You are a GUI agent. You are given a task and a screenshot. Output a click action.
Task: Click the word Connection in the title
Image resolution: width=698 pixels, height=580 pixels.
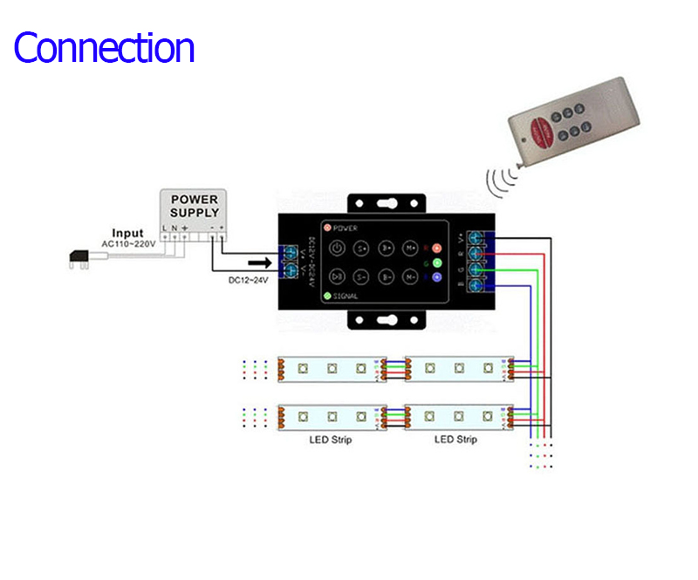click(x=104, y=47)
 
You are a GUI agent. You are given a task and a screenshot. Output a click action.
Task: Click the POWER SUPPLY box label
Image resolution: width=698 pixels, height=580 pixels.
click(x=194, y=206)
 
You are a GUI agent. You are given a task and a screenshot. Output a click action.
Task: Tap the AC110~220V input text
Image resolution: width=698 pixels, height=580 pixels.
click(x=128, y=244)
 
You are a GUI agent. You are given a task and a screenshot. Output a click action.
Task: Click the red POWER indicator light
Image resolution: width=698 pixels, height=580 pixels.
click(x=327, y=228)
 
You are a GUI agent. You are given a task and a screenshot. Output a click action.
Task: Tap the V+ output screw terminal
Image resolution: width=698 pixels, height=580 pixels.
click(x=476, y=237)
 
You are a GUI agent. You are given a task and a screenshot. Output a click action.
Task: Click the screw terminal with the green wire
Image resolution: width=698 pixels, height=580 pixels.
click(x=476, y=270)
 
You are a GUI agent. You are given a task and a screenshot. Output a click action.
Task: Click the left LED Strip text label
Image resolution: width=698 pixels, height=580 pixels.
click(x=331, y=440)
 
